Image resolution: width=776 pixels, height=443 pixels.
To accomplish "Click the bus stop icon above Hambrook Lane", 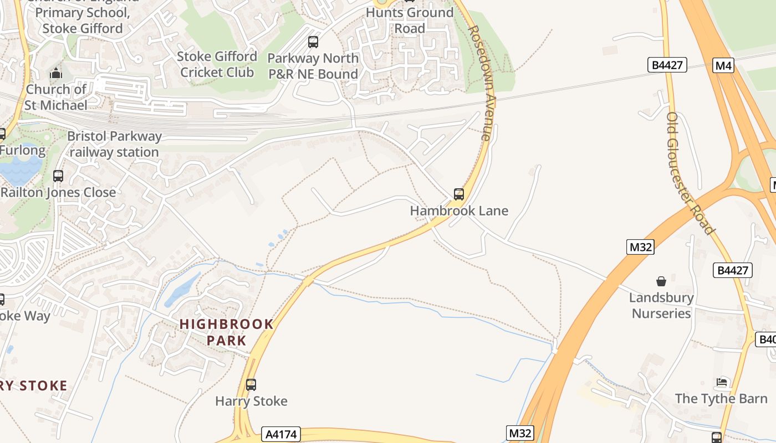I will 459,194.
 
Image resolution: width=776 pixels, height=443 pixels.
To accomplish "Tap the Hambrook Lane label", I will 459,210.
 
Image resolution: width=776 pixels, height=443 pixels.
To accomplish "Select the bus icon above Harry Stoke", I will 251,384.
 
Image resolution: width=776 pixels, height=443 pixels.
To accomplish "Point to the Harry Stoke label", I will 251,401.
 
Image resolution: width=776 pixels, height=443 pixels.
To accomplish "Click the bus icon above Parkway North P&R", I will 313,42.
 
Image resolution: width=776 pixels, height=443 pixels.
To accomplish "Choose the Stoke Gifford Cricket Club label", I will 217,64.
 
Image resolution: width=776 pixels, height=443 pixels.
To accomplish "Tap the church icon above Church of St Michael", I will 56,73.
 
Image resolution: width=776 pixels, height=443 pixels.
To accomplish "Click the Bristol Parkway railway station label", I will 115,144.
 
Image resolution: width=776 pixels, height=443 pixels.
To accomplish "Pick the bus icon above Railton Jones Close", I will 58,176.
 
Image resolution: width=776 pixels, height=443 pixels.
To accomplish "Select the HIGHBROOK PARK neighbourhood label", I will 227,332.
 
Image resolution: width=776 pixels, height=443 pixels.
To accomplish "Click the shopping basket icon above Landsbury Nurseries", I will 661,281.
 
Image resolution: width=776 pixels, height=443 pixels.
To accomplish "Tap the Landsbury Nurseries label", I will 661,305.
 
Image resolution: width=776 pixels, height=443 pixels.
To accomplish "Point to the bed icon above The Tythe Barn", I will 722,382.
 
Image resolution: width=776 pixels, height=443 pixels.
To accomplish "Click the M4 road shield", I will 723,66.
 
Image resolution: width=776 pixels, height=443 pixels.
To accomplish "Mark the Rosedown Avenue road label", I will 480,83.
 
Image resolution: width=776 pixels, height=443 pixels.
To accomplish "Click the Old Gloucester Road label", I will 690,173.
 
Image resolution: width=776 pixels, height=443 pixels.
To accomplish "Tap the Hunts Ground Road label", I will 410,20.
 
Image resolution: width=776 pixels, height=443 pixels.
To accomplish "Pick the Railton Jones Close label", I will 58,192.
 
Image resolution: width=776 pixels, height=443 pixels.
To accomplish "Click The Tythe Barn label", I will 721,398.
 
